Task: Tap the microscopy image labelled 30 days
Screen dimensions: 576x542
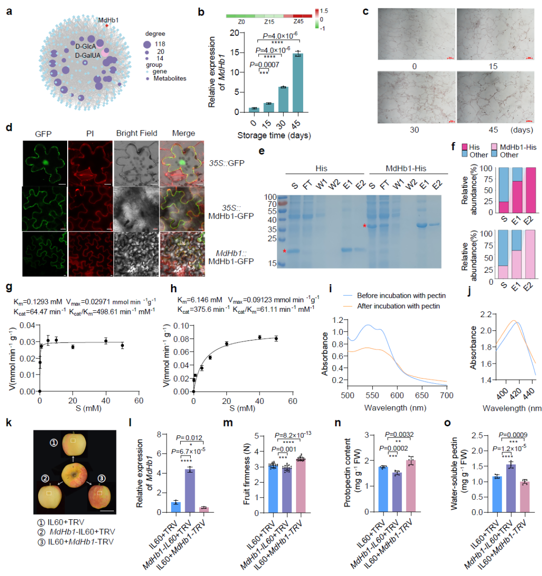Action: [x=415, y=98]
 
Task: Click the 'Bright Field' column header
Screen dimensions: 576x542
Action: [x=136, y=134]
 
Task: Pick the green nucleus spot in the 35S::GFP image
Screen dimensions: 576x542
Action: [x=46, y=164]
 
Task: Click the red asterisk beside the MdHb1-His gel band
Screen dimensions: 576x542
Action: [x=365, y=226]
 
